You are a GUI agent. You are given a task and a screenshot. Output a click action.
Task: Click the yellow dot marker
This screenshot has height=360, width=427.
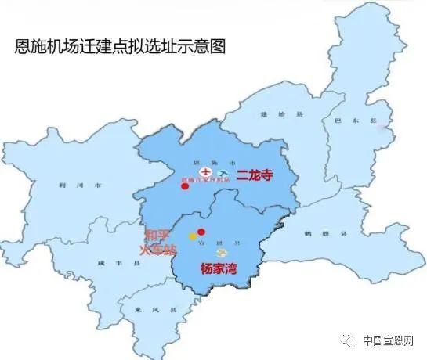[192, 236]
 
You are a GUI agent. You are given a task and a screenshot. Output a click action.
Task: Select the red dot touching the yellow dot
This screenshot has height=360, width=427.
[201, 232]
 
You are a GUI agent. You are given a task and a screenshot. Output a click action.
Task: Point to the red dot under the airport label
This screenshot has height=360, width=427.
[185, 186]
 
